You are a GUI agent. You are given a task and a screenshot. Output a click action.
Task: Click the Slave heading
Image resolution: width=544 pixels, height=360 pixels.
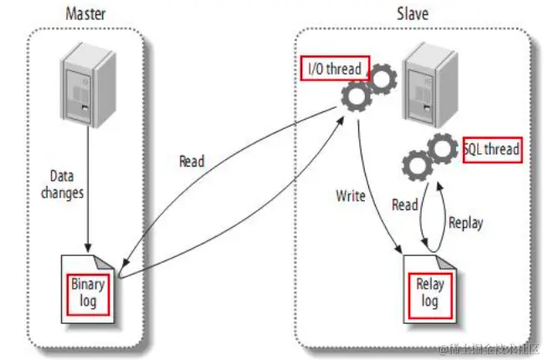(412, 14)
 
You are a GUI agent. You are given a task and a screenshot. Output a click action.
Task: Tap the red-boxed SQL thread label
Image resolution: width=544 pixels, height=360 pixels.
(491, 150)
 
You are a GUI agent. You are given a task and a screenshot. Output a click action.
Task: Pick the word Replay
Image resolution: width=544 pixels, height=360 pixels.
(465, 224)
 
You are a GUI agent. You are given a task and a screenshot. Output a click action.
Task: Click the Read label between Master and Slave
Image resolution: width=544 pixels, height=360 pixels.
(192, 162)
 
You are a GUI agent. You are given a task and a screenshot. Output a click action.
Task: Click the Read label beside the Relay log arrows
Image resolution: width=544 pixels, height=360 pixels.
(406, 204)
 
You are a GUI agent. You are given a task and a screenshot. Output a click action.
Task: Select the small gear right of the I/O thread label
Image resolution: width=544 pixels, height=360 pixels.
(382, 80)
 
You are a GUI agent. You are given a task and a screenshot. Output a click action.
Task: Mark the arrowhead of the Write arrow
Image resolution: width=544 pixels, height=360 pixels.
(401, 249)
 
